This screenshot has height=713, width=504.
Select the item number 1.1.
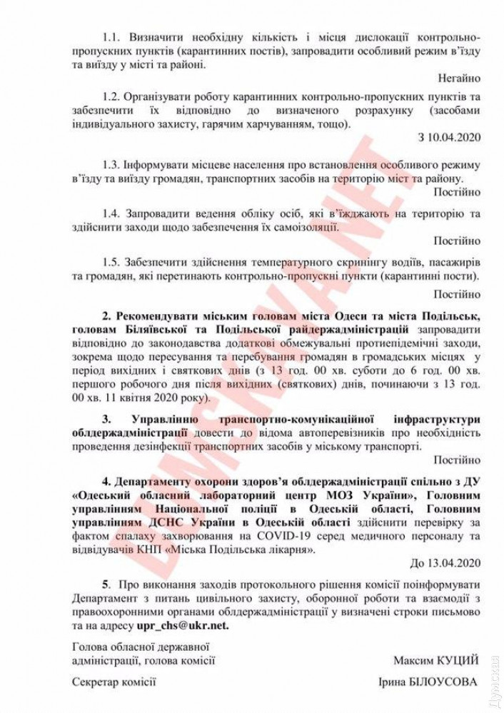point(112,36)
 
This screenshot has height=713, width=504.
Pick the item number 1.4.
point(112,213)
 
